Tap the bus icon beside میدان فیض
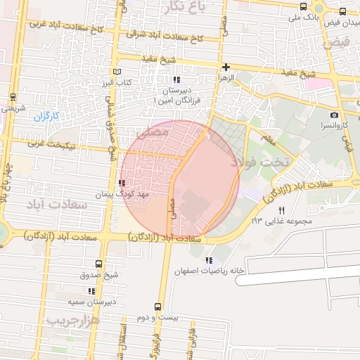[x=342, y=12]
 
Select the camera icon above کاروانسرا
[x=334, y=115]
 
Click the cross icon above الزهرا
[x=226, y=67]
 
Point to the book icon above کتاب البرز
[x=117, y=72]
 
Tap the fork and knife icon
[x=282, y=210]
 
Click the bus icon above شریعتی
[x=13, y=97]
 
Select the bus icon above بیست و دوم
[x=157, y=307]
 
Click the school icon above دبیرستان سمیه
[x=91, y=290]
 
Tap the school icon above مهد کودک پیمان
[x=122, y=183]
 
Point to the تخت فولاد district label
[x=264, y=162]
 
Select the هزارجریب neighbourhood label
[x=72, y=320]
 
